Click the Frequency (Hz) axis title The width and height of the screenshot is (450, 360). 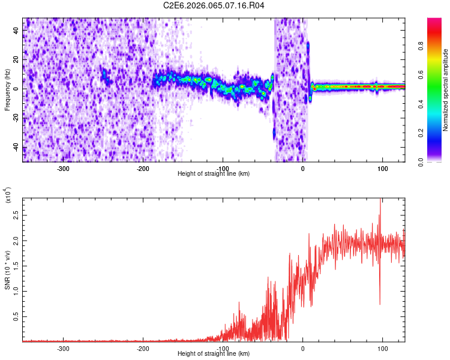7,90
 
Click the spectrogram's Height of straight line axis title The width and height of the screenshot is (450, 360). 214,174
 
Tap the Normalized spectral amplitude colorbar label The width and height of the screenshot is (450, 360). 445,90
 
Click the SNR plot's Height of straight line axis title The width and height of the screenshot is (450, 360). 214,354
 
